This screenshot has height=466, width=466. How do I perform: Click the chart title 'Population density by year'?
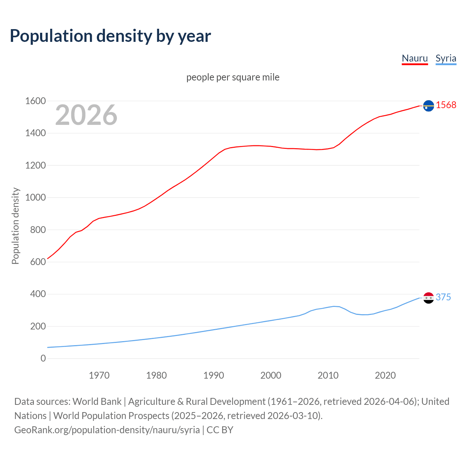110,36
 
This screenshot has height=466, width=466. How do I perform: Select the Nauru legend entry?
415,58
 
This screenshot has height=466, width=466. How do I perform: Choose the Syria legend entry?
446,58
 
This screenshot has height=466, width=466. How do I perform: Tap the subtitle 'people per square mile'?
233,77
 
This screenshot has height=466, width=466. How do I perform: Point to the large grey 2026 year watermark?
86,115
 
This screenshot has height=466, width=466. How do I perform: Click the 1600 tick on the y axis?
35,101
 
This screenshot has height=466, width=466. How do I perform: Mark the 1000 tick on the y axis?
35,197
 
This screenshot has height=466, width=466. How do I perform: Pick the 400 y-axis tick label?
38,294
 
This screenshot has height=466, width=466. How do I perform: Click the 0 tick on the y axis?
43,358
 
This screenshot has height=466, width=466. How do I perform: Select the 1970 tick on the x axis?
99,375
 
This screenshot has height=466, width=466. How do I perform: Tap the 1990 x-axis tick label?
214,375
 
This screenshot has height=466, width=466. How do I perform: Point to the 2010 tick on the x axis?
328,375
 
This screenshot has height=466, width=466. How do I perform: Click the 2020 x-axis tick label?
385,375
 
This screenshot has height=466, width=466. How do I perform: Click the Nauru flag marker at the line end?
429,106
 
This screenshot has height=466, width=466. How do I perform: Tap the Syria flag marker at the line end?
429,298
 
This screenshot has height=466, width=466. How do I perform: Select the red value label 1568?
446,105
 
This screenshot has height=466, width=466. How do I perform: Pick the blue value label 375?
443,297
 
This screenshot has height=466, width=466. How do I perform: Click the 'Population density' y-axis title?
15,226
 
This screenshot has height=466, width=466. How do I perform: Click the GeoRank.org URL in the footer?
107,430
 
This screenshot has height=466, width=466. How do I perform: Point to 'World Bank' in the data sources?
97,401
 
